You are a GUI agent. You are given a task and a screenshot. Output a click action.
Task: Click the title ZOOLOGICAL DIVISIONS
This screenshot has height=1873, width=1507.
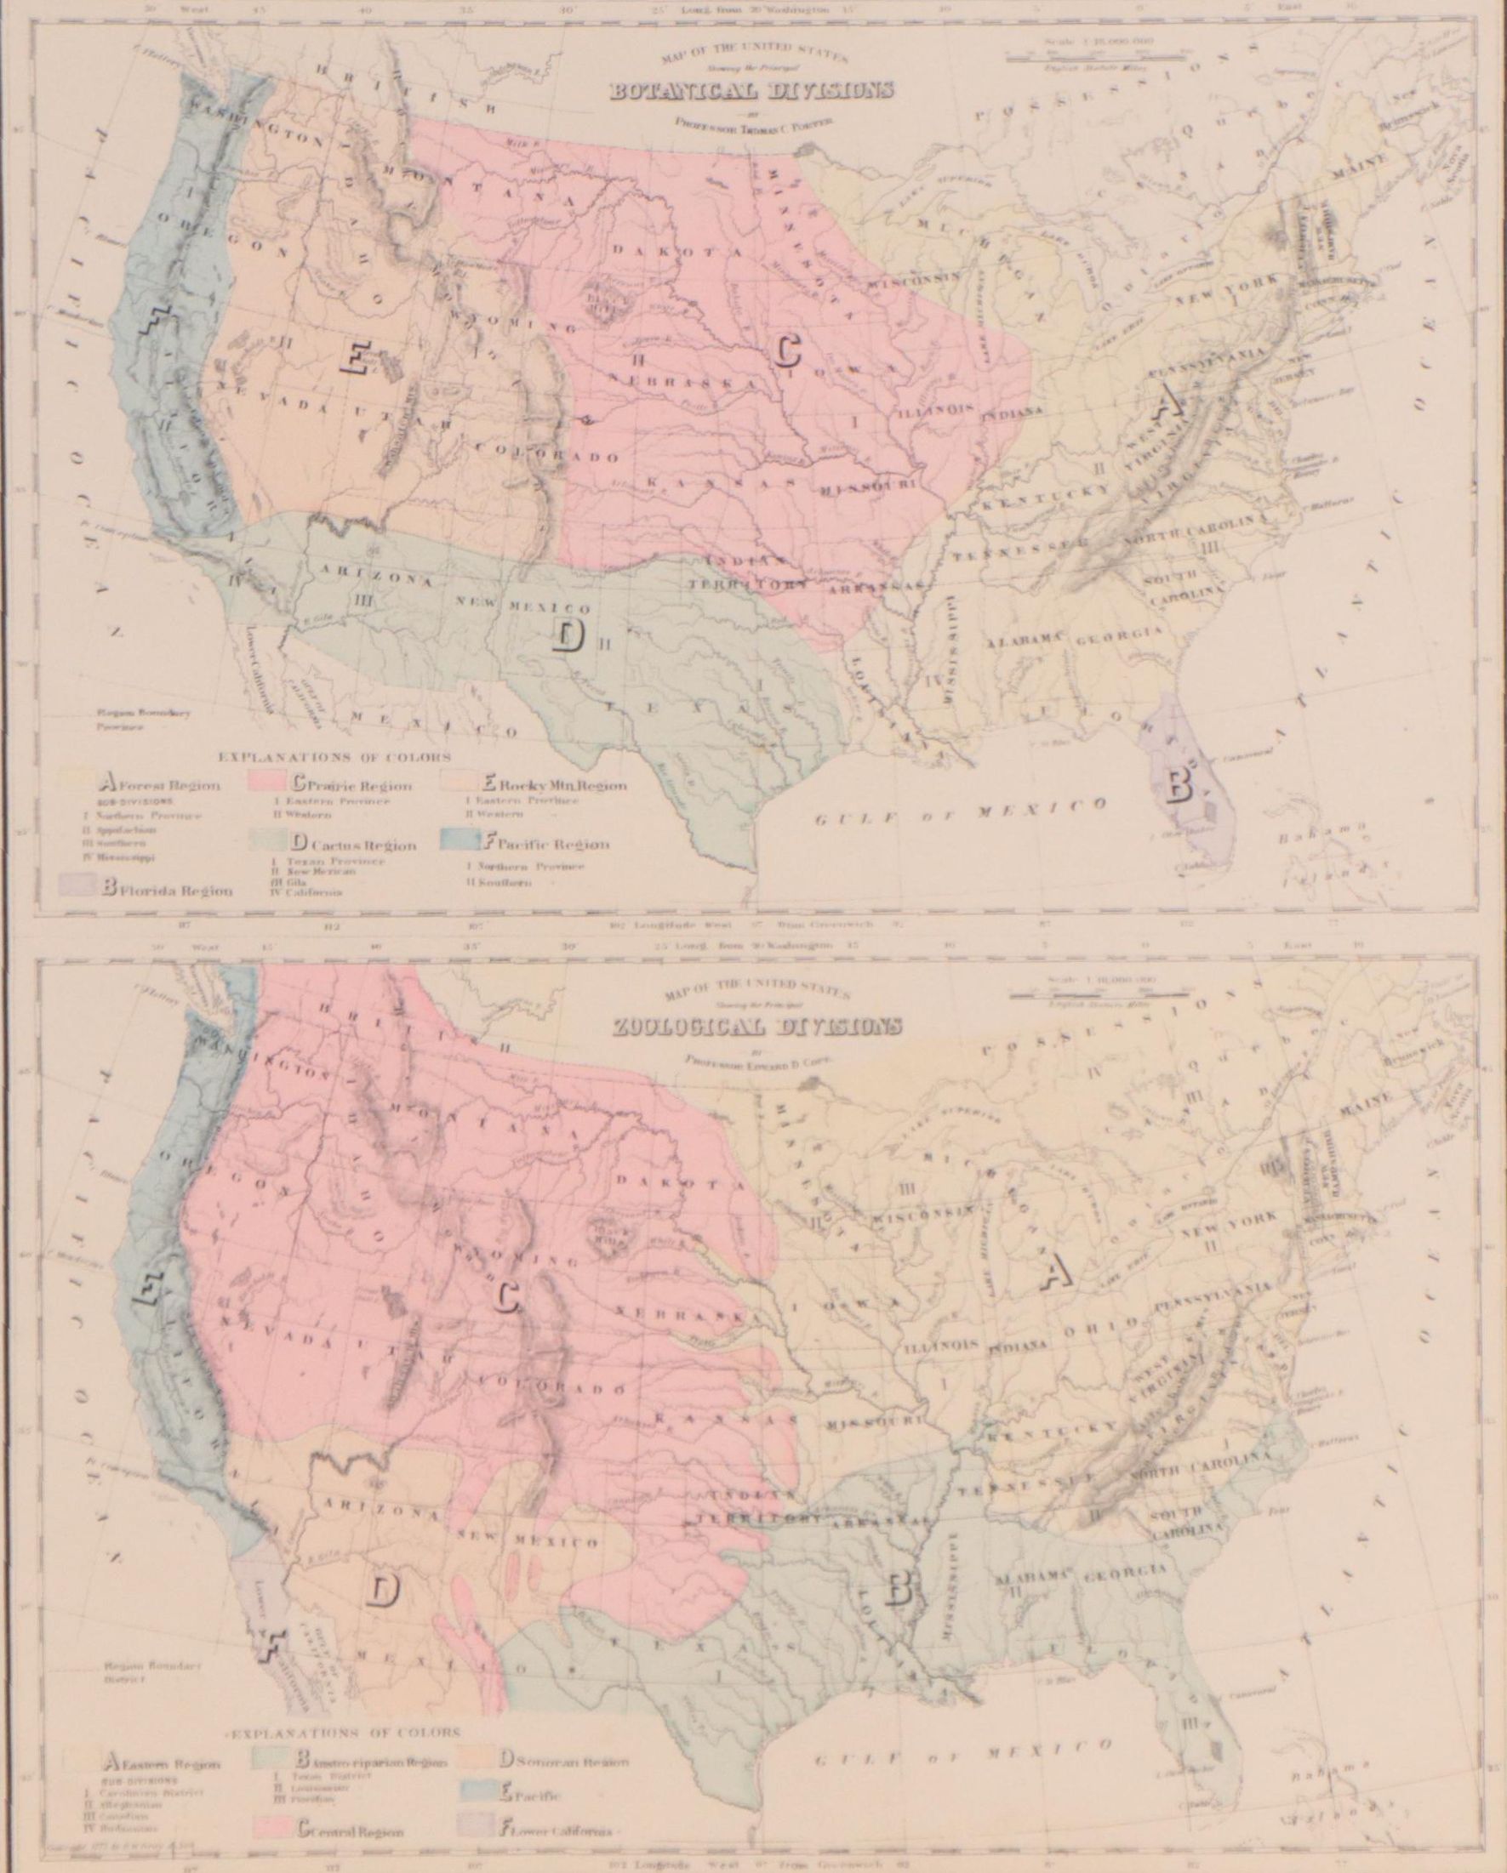tap(756, 1026)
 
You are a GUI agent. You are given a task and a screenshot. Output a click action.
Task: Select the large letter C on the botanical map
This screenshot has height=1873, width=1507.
tap(787, 350)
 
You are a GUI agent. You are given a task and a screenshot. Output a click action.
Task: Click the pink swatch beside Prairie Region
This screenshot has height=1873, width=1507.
tap(271, 783)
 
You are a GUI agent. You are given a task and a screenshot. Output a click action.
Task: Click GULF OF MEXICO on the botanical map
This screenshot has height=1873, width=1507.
tap(963, 810)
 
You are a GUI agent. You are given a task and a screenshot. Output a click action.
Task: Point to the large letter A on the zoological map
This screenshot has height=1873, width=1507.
tap(1055, 1273)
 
